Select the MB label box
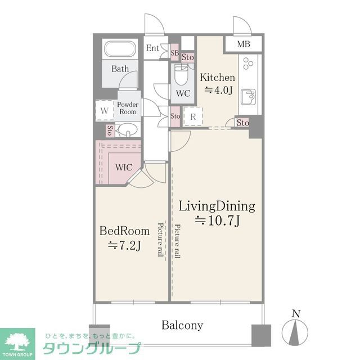[243, 44]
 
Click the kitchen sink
[248, 97]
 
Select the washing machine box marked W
[104, 110]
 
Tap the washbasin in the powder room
[128, 132]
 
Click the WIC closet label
[124, 168]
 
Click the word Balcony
[182, 325]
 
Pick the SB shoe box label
[174, 53]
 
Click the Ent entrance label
[152, 48]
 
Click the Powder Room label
[128, 108]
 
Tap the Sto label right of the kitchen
[242, 123]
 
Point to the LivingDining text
[217, 206]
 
